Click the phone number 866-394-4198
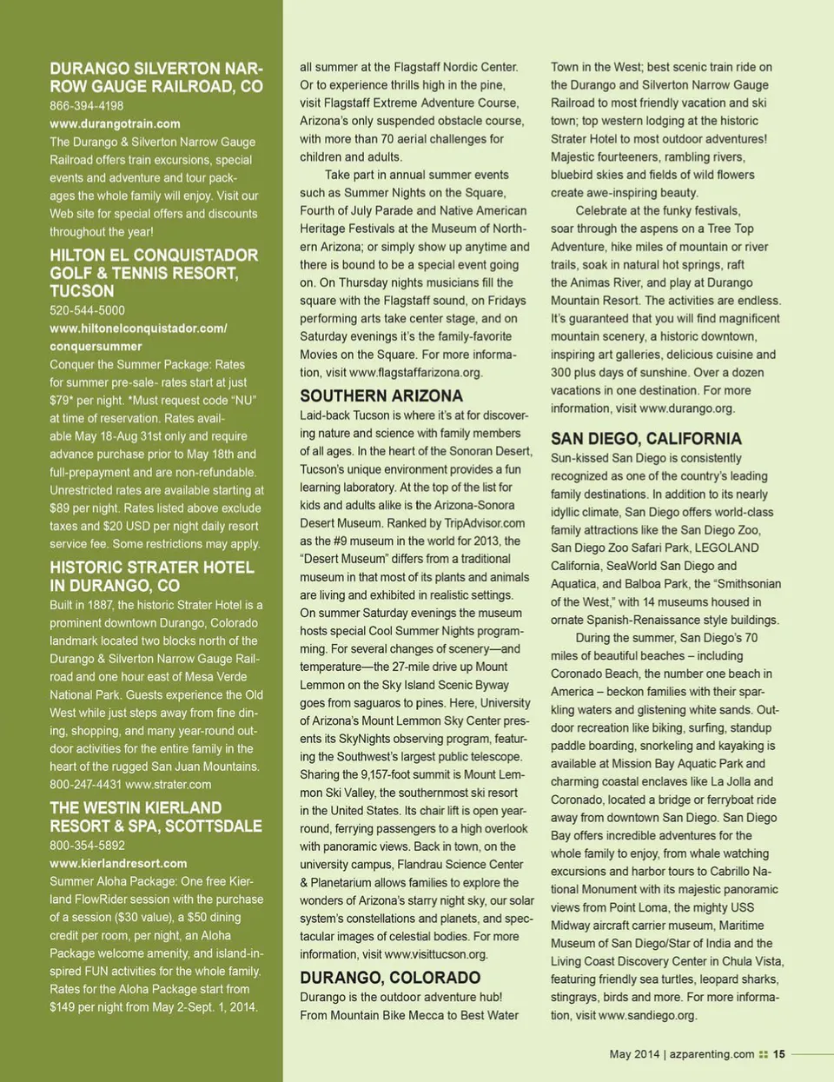point(86,106)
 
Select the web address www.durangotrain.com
point(115,123)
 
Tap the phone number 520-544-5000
point(87,310)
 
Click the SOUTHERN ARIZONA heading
point(381,396)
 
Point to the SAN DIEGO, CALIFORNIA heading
point(645,439)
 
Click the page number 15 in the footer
point(778,1054)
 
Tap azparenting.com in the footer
point(712,1054)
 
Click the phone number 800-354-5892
point(87,845)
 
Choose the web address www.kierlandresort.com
point(118,863)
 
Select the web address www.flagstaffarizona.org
point(415,372)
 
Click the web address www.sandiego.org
point(647,1015)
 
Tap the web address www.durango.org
point(686,408)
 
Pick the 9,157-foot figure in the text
point(380,774)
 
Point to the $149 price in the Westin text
point(63,1007)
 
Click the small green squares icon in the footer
point(764,1054)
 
